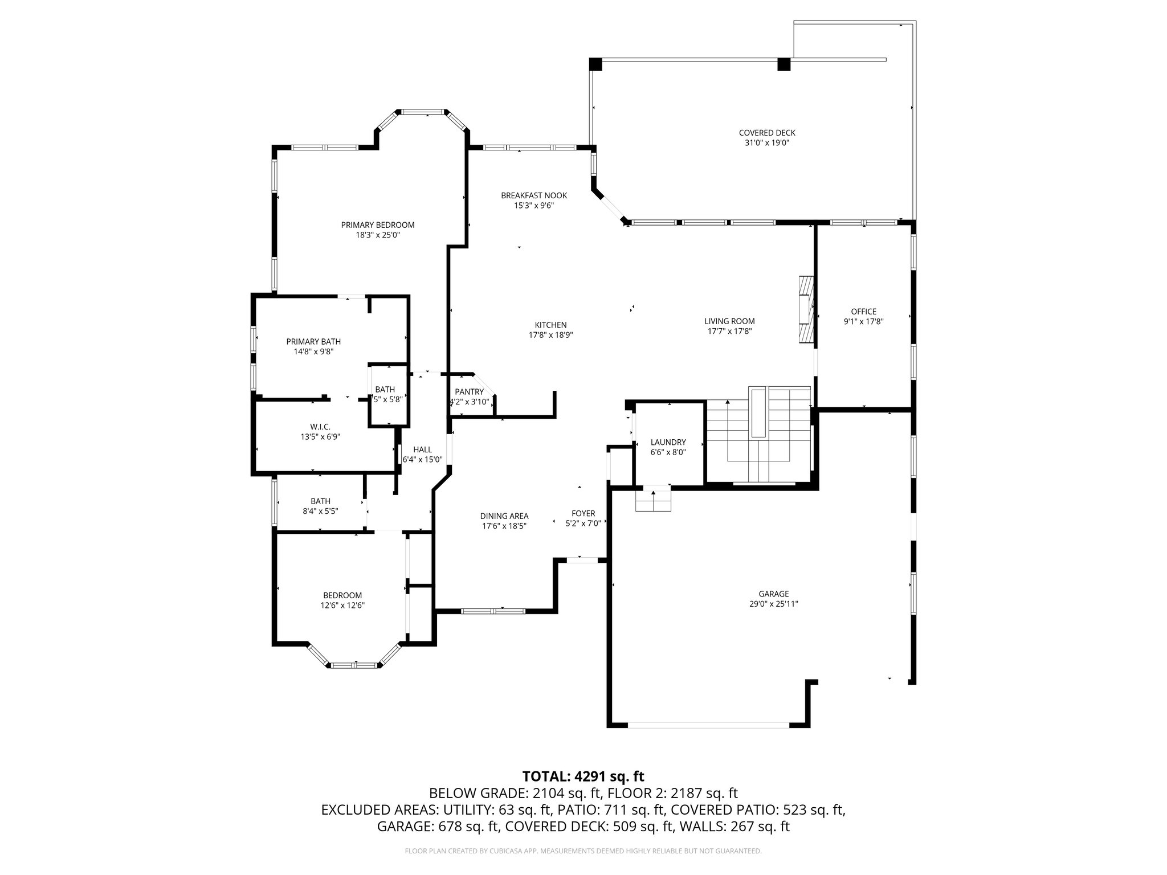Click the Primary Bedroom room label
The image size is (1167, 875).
[x=377, y=225]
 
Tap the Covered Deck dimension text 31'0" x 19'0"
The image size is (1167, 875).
[x=766, y=143]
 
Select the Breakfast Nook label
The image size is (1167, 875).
[x=534, y=195]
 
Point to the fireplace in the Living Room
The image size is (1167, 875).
[x=805, y=310]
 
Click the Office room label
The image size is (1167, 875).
[x=863, y=312]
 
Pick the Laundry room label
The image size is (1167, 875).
[x=668, y=442]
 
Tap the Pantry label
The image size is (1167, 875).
[x=469, y=392]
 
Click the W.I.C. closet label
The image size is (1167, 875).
[x=320, y=427]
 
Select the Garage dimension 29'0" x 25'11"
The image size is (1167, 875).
[x=773, y=604]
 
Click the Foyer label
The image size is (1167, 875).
[x=583, y=513]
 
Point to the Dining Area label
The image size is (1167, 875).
[x=504, y=516]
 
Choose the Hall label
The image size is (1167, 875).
[x=422, y=449]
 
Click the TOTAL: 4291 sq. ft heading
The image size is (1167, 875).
[x=583, y=776]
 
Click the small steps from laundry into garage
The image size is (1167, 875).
[x=654, y=500]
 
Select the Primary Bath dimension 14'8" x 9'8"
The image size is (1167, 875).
[x=313, y=351]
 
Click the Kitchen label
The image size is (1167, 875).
[x=550, y=325]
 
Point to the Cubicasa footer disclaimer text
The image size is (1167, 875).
[x=583, y=851]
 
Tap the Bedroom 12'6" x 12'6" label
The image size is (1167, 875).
[x=342, y=595]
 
